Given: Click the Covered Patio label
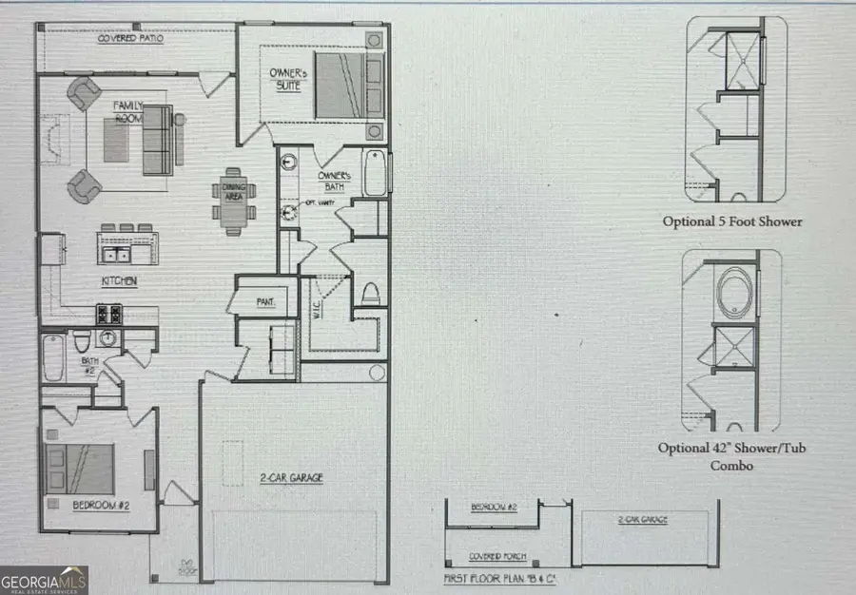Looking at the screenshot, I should click(x=130, y=39).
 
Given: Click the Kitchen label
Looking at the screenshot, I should click(x=120, y=281).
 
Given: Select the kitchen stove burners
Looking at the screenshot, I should click(x=108, y=314).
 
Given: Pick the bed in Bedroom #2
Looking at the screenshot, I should click(x=82, y=469).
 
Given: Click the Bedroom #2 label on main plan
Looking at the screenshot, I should click(x=101, y=505).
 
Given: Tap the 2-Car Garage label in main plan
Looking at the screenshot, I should click(x=292, y=479).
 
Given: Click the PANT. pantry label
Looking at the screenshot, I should click(x=265, y=301).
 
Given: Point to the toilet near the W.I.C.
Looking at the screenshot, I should click(x=369, y=293).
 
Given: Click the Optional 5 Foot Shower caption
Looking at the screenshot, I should click(x=732, y=221).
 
